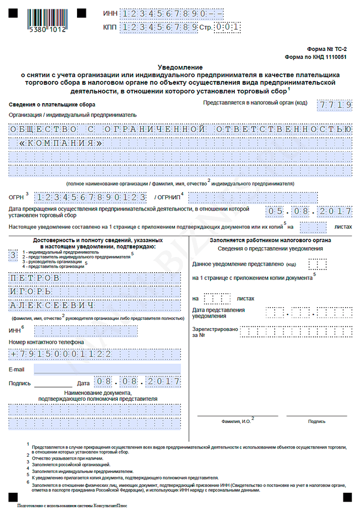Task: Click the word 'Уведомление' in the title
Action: point(179,67)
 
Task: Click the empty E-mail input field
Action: point(107,369)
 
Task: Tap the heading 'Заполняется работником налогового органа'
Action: point(270,240)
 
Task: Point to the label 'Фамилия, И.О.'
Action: point(236,422)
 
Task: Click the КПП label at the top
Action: point(110,27)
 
